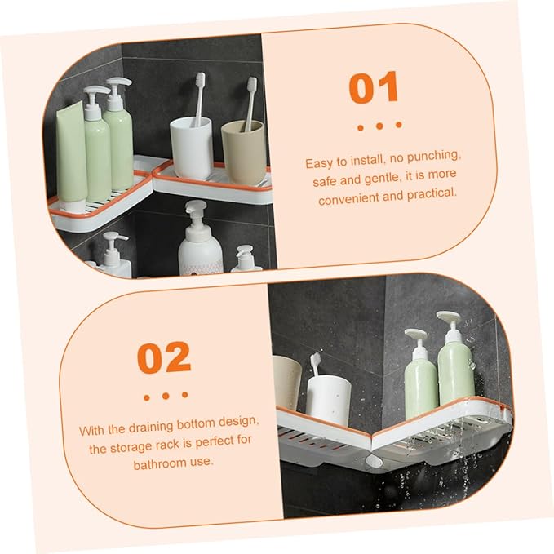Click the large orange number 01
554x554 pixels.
coord(374,87)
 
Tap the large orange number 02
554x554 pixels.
coord(164,358)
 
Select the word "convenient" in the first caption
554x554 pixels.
coord(348,199)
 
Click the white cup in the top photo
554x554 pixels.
coord(191,148)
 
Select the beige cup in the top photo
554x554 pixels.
coord(243,153)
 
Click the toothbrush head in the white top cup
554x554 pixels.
coord(201,81)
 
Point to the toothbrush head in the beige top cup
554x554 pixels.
coord(252,85)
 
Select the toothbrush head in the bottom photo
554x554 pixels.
coord(316,361)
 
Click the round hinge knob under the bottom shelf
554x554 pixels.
coord(375,461)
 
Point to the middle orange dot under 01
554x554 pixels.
coord(379,126)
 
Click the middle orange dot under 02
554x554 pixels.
coord(166,396)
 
